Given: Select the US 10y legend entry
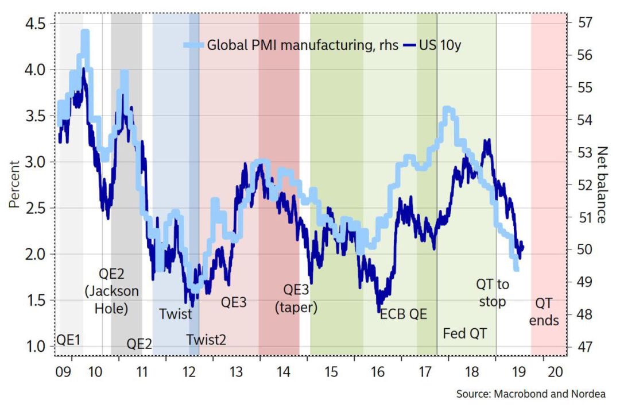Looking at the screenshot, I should (440, 45).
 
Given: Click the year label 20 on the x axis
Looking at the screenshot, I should (555, 372).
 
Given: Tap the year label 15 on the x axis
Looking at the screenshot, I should (330, 372).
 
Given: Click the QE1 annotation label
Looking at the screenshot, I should (68, 339).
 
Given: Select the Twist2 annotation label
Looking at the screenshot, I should (207, 339).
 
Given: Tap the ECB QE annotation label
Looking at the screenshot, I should (404, 314).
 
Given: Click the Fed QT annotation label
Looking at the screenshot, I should (470, 333).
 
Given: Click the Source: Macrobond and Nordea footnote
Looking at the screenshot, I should (530, 394).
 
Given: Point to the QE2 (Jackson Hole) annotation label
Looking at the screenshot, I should (111, 291).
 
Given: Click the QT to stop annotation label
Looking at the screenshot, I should (493, 293).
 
